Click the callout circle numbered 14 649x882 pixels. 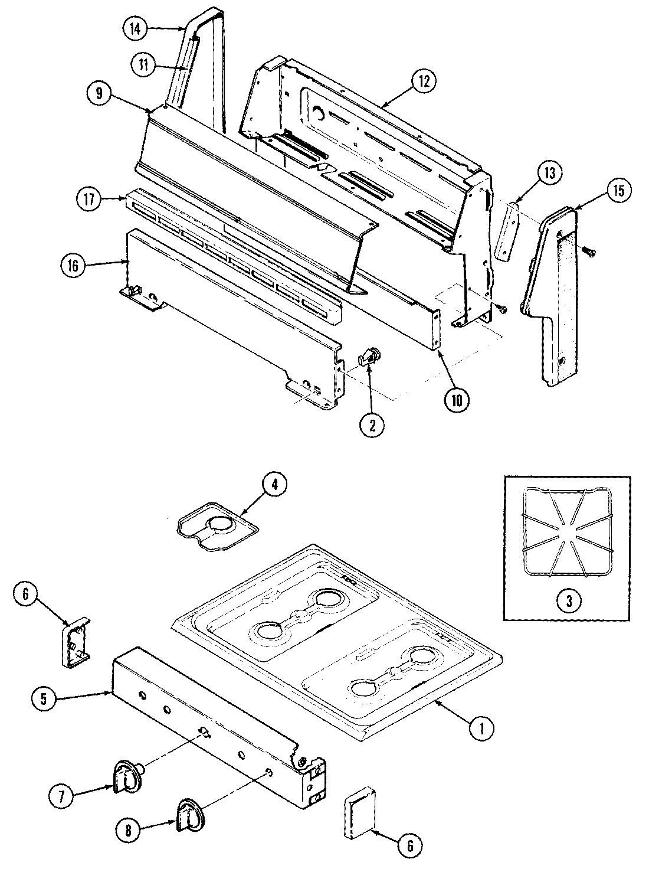point(135,29)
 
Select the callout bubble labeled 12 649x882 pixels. point(424,80)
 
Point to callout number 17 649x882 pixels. point(88,200)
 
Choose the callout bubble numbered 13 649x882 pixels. point(549,174)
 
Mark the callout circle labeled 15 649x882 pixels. point(617,190)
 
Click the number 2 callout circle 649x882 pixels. point(372,426)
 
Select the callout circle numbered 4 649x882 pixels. point(274,485)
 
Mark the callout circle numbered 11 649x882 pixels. point(143,65)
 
